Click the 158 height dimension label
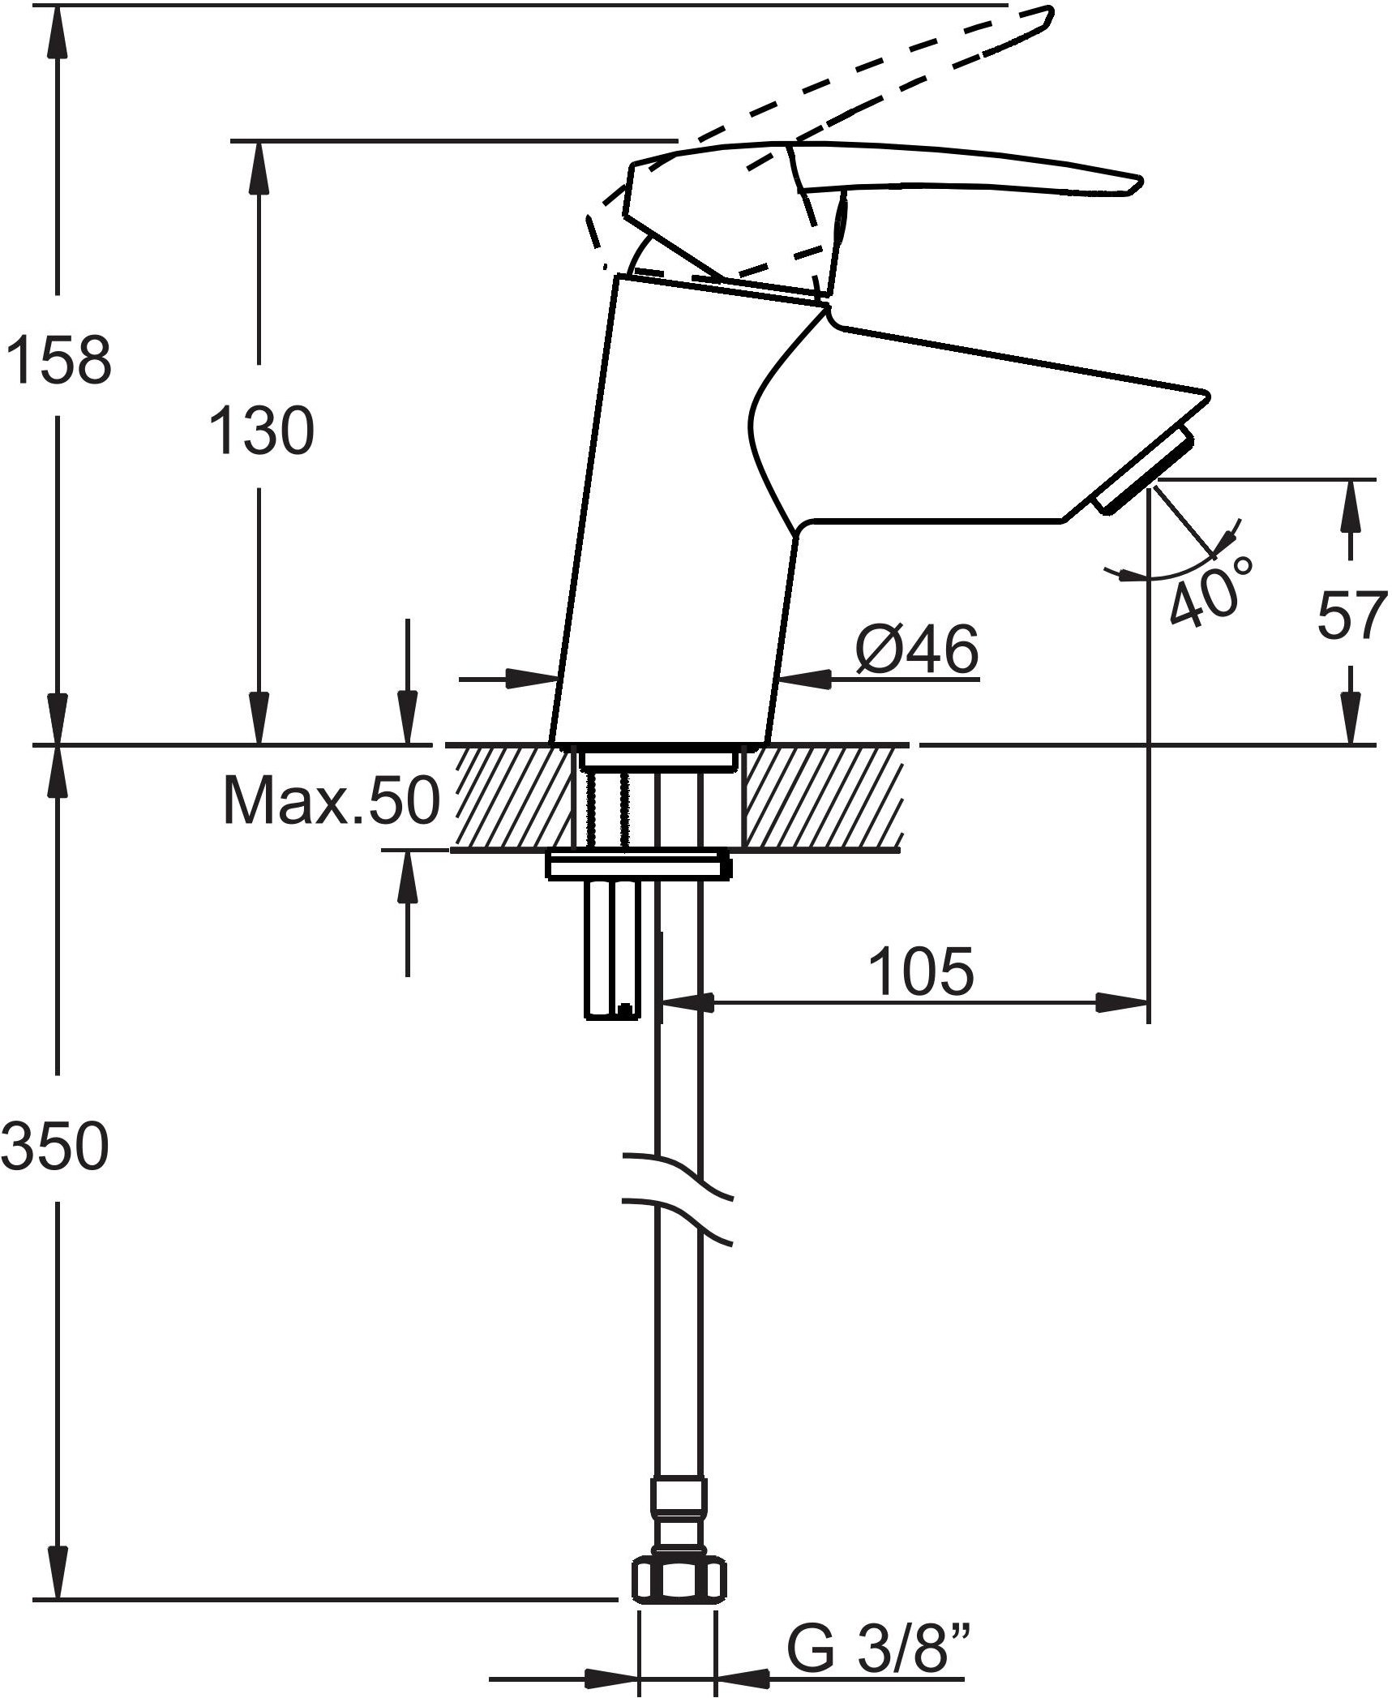(x=58, y=361)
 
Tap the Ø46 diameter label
(x=918, y=650)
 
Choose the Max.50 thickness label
(x=332, y=801)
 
